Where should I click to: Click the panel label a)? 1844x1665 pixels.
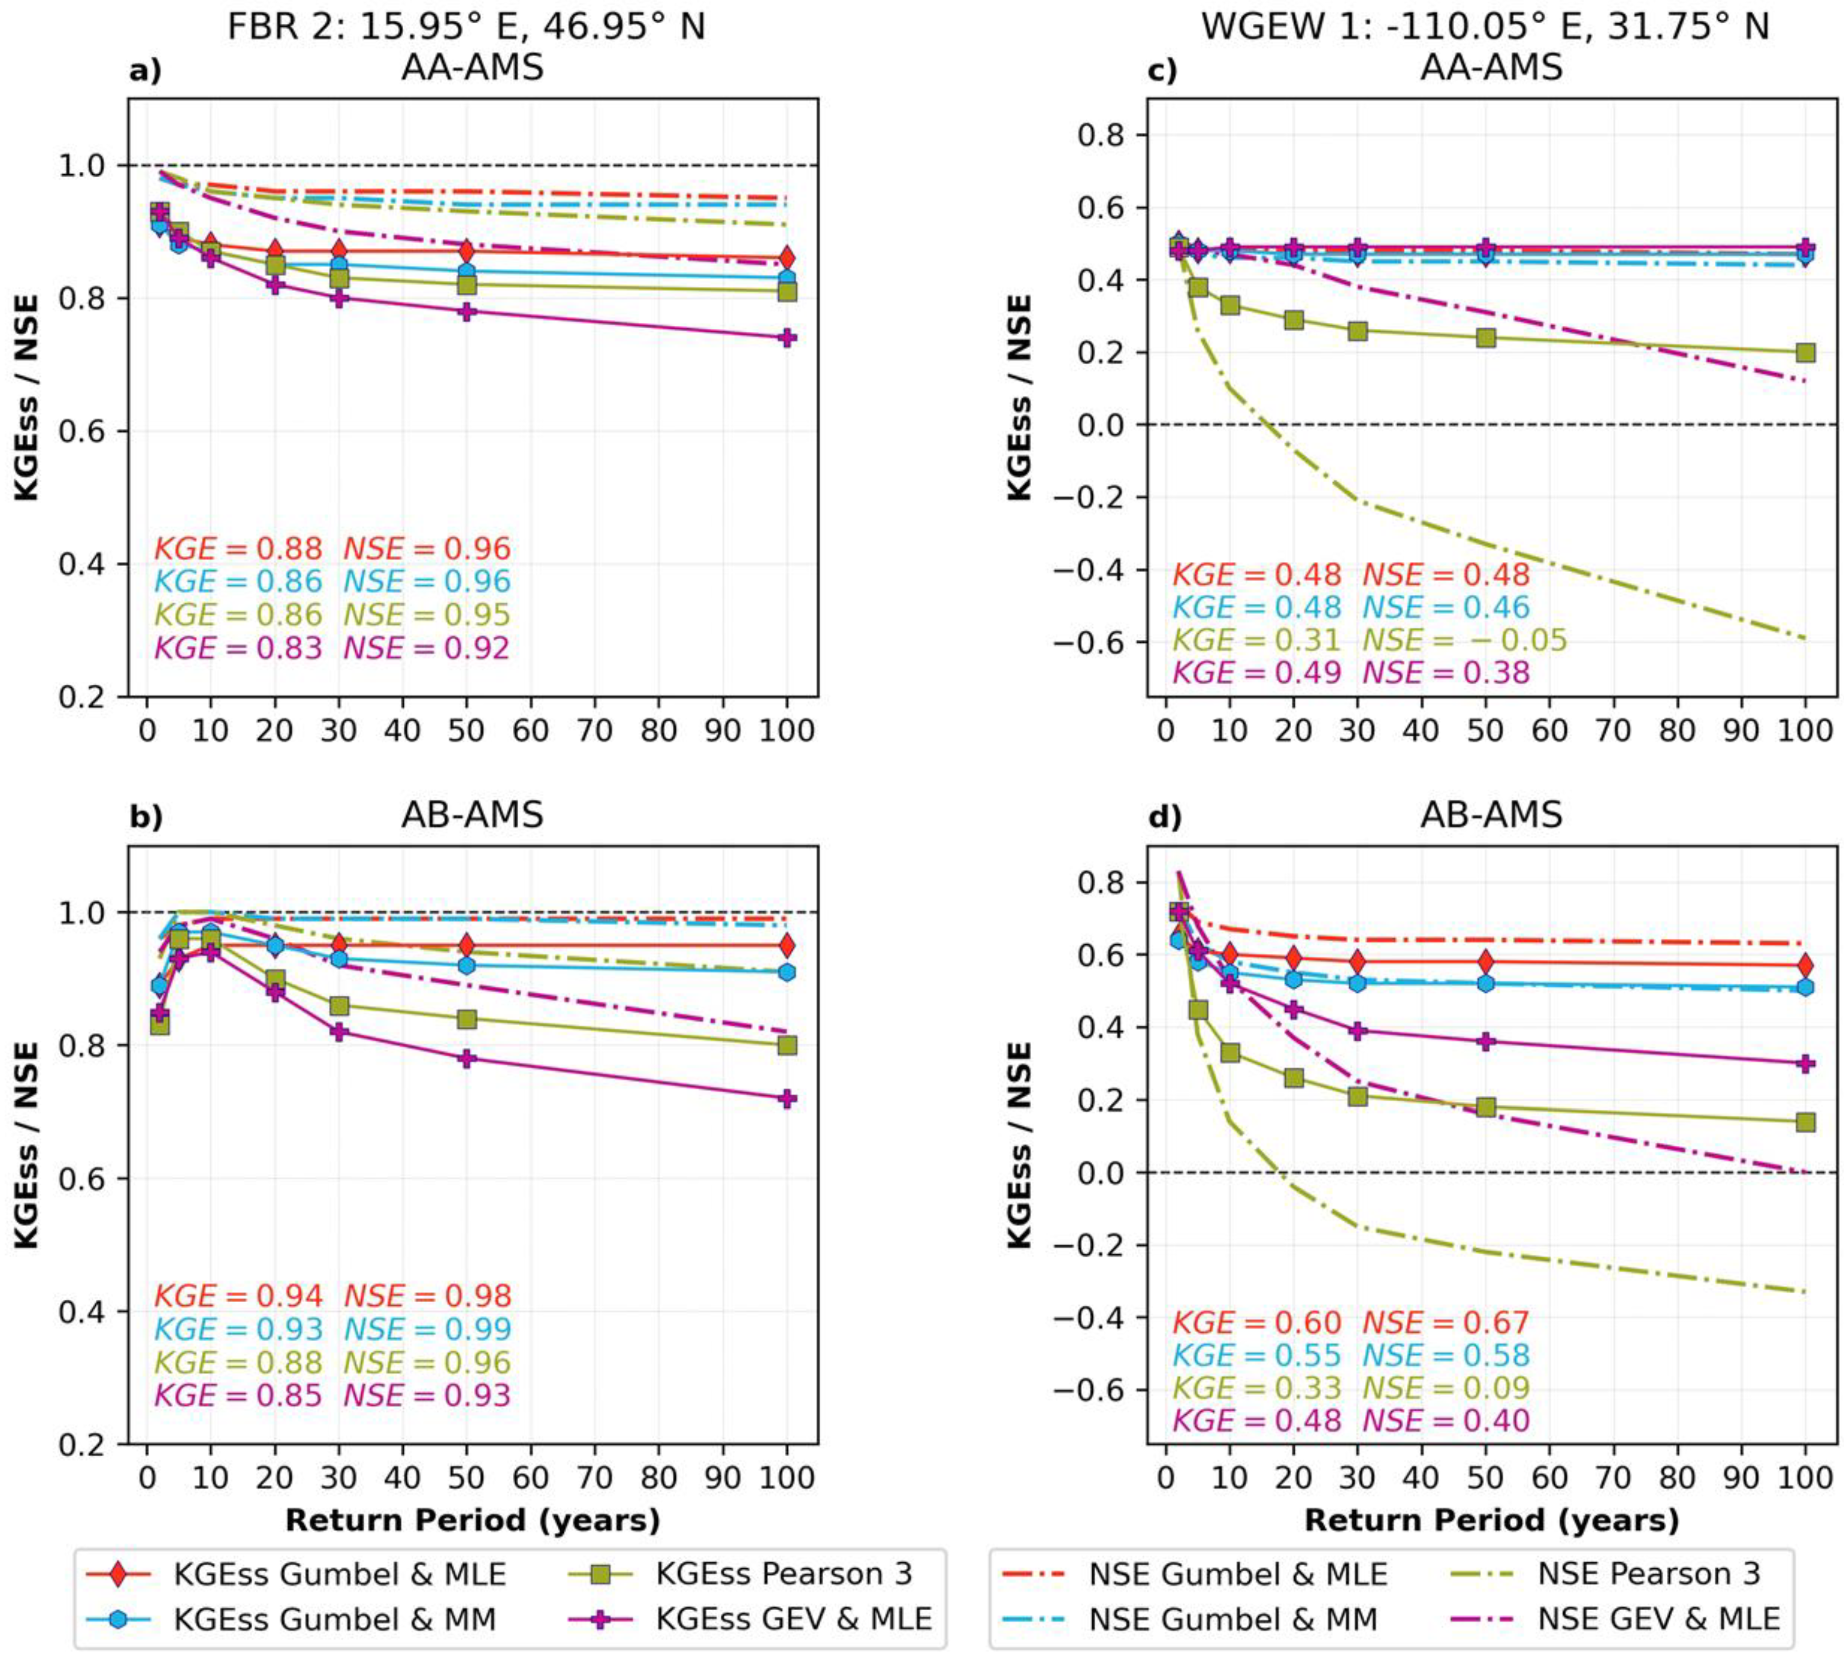pos(145,71)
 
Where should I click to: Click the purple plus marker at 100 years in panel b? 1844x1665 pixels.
pos(787,1099)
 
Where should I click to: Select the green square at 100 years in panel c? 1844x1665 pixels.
pos(1805,352)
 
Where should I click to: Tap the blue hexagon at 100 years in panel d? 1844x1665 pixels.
pos(1805,987)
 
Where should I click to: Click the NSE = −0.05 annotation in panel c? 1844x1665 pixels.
pos(1465,640)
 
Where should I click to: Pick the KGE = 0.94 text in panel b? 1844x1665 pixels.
pos(238,1296)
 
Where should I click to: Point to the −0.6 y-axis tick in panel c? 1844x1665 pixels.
pos(1087,642)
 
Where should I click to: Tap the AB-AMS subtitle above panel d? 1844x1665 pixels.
pos(1491,814)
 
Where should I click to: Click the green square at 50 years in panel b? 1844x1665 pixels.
pos(466,1019)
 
